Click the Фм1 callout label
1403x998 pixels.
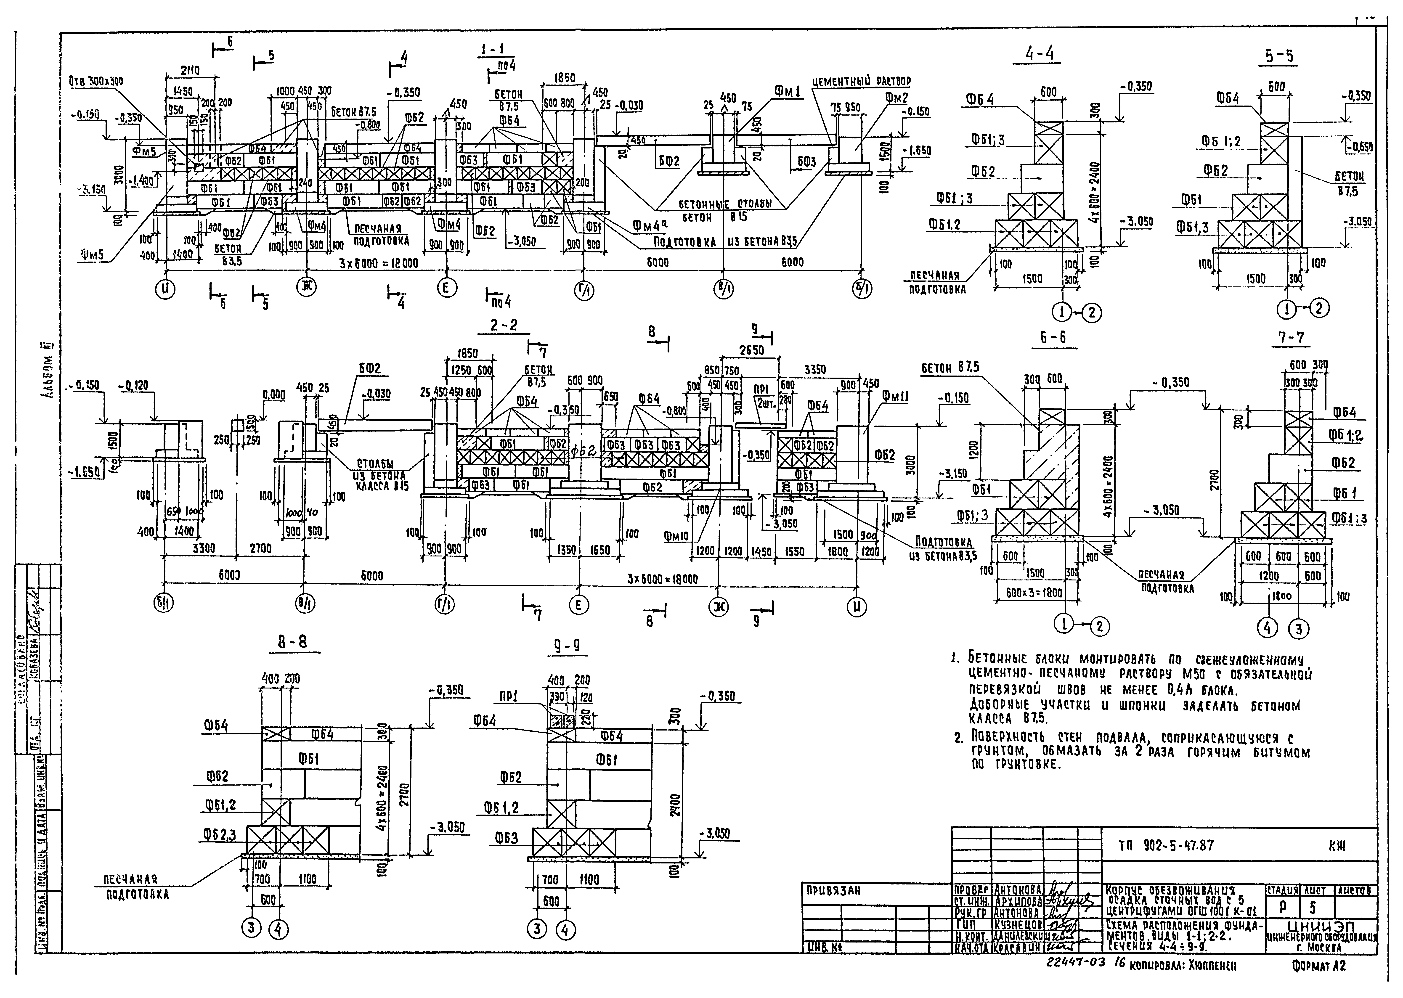tap(787, 93)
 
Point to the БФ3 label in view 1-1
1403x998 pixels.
tap(806, 162)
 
